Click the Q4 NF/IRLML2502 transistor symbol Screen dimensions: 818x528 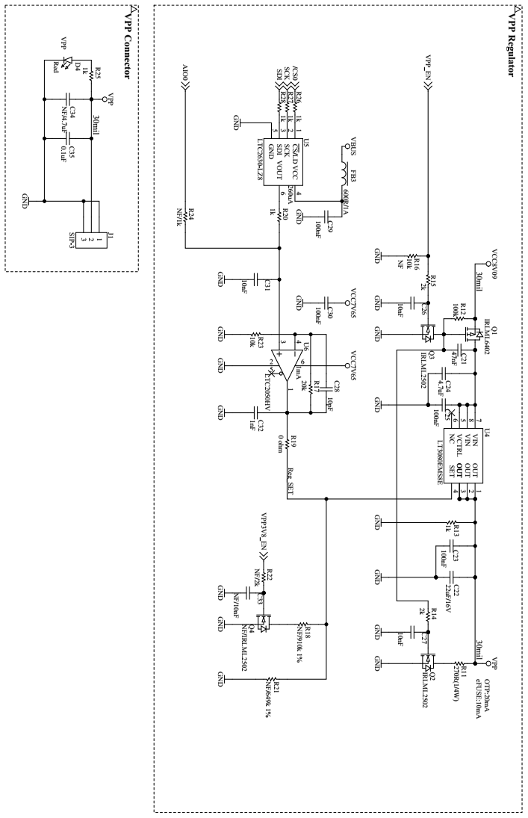263,622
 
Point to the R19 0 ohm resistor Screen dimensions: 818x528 288,443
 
